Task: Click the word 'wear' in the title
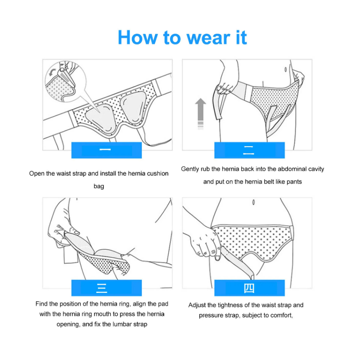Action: pyautogui.click(x=208, y=37)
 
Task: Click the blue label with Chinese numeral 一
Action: pyautogui.click(x=107, y=150)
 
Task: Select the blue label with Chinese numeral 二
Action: pyautogui.click(x=250, y=150)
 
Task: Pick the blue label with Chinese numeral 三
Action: pyautogui.click(x=107, y=288)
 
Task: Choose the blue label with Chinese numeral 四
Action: pyautogui.click(x=250, y=288)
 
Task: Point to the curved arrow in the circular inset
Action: pyautogui.click(x=52, y=72)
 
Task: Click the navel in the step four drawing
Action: pyautogui.click(x=253, y=202)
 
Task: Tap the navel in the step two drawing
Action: pyautogui.click(x=285, y=69)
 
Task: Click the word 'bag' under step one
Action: pyautogui.click(x=99, y=186)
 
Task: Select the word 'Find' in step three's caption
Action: pyautogui.click(x=41, y=304)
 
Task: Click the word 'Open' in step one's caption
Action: pyautogui.click(x=37, y=174)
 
